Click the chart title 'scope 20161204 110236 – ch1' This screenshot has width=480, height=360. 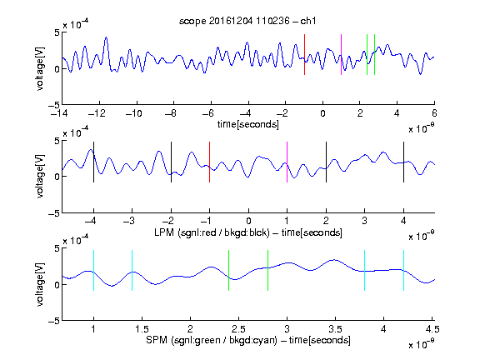(x=247, y=21)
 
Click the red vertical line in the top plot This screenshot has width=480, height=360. (x=304, y=54)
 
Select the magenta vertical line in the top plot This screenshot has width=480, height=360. (x=341, y=54)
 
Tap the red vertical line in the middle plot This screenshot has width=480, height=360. (x=209, y=162)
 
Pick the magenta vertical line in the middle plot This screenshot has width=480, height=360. (x=287, y=162)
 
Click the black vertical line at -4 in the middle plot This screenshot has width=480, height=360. (x=93, y=162)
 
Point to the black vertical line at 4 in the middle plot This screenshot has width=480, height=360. (x=403, y=162)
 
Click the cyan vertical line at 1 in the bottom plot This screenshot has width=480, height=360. (x=93, y=270)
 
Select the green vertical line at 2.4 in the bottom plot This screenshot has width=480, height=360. (x=228, y=270)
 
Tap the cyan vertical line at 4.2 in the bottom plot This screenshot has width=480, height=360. (x=403, y=270)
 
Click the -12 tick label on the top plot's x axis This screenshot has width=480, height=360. (x=97, y=113)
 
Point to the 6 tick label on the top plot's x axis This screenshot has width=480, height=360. (x=434, y=113)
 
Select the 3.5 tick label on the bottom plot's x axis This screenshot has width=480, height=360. (x=335, y=329)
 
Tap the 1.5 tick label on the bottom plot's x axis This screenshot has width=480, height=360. (x=142, y=329)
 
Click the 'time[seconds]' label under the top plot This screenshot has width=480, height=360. (x=248, y=124)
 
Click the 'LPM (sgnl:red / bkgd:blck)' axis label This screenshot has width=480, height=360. (x=212, y=232)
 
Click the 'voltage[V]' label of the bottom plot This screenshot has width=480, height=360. (x=40, y=284)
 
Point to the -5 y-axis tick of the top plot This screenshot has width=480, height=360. (x=54, y=105)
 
